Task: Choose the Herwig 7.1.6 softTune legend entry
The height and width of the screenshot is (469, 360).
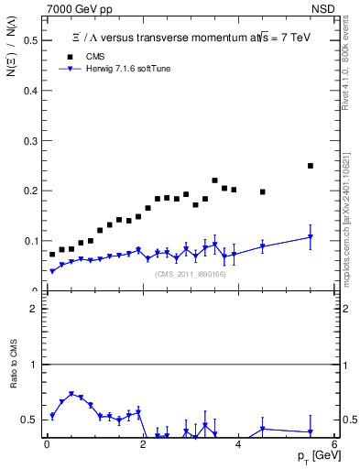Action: point(119,69)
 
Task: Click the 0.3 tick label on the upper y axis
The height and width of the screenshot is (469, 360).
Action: point(29,141)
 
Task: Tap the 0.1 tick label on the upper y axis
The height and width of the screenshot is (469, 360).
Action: point(29,241)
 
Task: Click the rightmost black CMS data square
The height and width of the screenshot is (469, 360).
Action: point(311,166)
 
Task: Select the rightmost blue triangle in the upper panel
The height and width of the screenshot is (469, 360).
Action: point(311,237)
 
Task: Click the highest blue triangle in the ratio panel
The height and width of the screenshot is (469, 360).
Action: point(71,394)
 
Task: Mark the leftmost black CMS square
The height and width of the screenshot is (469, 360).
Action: point(52,254)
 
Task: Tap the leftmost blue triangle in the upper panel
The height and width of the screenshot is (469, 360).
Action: point(52,271)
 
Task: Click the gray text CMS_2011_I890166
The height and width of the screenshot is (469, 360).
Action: point(190,274)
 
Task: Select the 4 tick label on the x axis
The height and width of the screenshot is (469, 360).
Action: point(238,444)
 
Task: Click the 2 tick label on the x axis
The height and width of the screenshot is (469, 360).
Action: point(142,444)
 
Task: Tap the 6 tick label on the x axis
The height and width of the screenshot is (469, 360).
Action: point(333,444)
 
